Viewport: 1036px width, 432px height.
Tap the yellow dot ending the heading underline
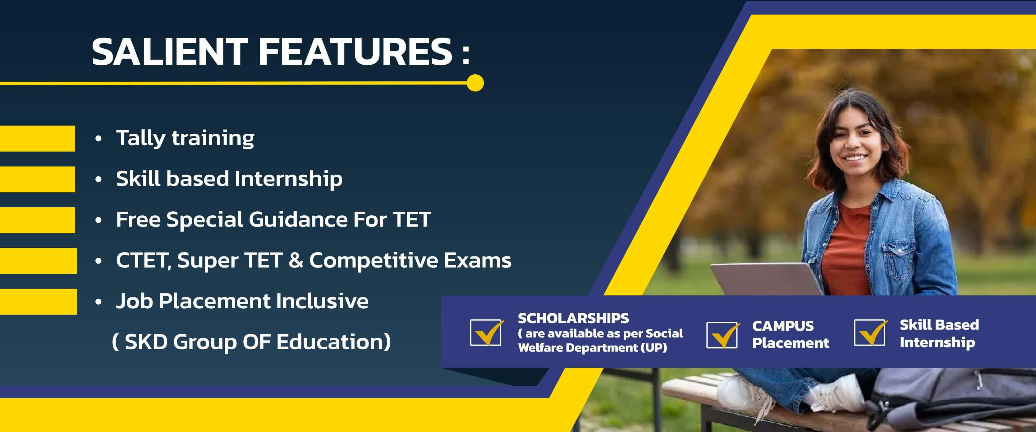point(475,83)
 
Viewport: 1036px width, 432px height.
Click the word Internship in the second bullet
point(288,179)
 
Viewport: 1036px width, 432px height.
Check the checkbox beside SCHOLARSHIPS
point(486,333)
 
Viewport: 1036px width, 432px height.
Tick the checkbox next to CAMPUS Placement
point(722,335)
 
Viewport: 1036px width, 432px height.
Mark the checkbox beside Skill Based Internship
point(869,333)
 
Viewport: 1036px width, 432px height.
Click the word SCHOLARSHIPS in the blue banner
point(573,319)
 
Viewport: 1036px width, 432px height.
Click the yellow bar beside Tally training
point(37,138)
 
